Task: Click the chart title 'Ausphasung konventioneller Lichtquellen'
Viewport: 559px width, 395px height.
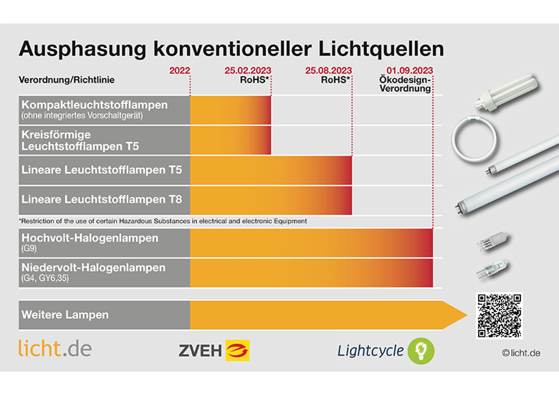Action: pyautogui.click(x=231, y=49)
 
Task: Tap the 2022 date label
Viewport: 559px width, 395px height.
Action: pyautogui.click(x=179, y=70)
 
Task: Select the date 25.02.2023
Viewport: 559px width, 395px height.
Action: pyautogui.click(x=247, y=70)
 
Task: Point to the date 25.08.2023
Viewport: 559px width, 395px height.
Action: pyautogui.click(x=328, y=70)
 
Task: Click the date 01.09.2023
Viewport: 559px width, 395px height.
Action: pyautogui.click(x=409, y=70)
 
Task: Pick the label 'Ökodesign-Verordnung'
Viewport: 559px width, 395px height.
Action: pyautogui.click(x=406, y=85)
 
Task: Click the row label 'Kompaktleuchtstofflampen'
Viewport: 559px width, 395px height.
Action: pyautogui.click(x=95, y=105)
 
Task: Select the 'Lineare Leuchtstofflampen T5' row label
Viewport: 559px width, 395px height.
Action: pyautogui.click(x=102, y=170)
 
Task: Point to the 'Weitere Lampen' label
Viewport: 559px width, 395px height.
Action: pyautogui.click(x=65, y=315)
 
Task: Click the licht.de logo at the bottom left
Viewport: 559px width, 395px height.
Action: pyautogui.click(x=55, y=349)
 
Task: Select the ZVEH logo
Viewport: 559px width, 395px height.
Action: pyautogui.click(x=214, y=350)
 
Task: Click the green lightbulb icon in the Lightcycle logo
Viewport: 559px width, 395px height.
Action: pyautogui.click(x=421, y=350)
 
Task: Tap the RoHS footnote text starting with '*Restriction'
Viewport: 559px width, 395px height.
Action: pyautogui.click(x=163, y=221)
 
